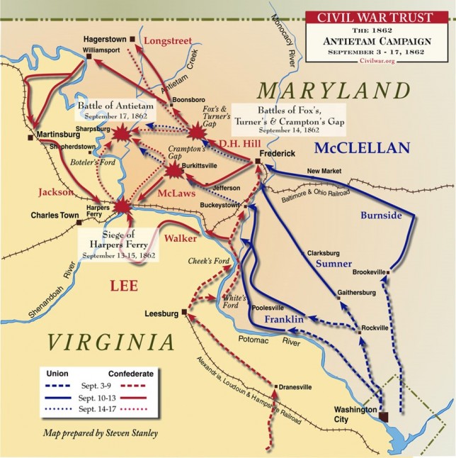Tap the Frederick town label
point(277,152)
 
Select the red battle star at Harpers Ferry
point(122,206)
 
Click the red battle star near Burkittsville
point(172,169)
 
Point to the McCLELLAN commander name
point(363,147)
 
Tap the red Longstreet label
point(168,42)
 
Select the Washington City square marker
point(384,417)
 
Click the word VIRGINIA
point(111,342)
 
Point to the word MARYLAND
point(333,91)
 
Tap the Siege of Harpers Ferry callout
point(115,242)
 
